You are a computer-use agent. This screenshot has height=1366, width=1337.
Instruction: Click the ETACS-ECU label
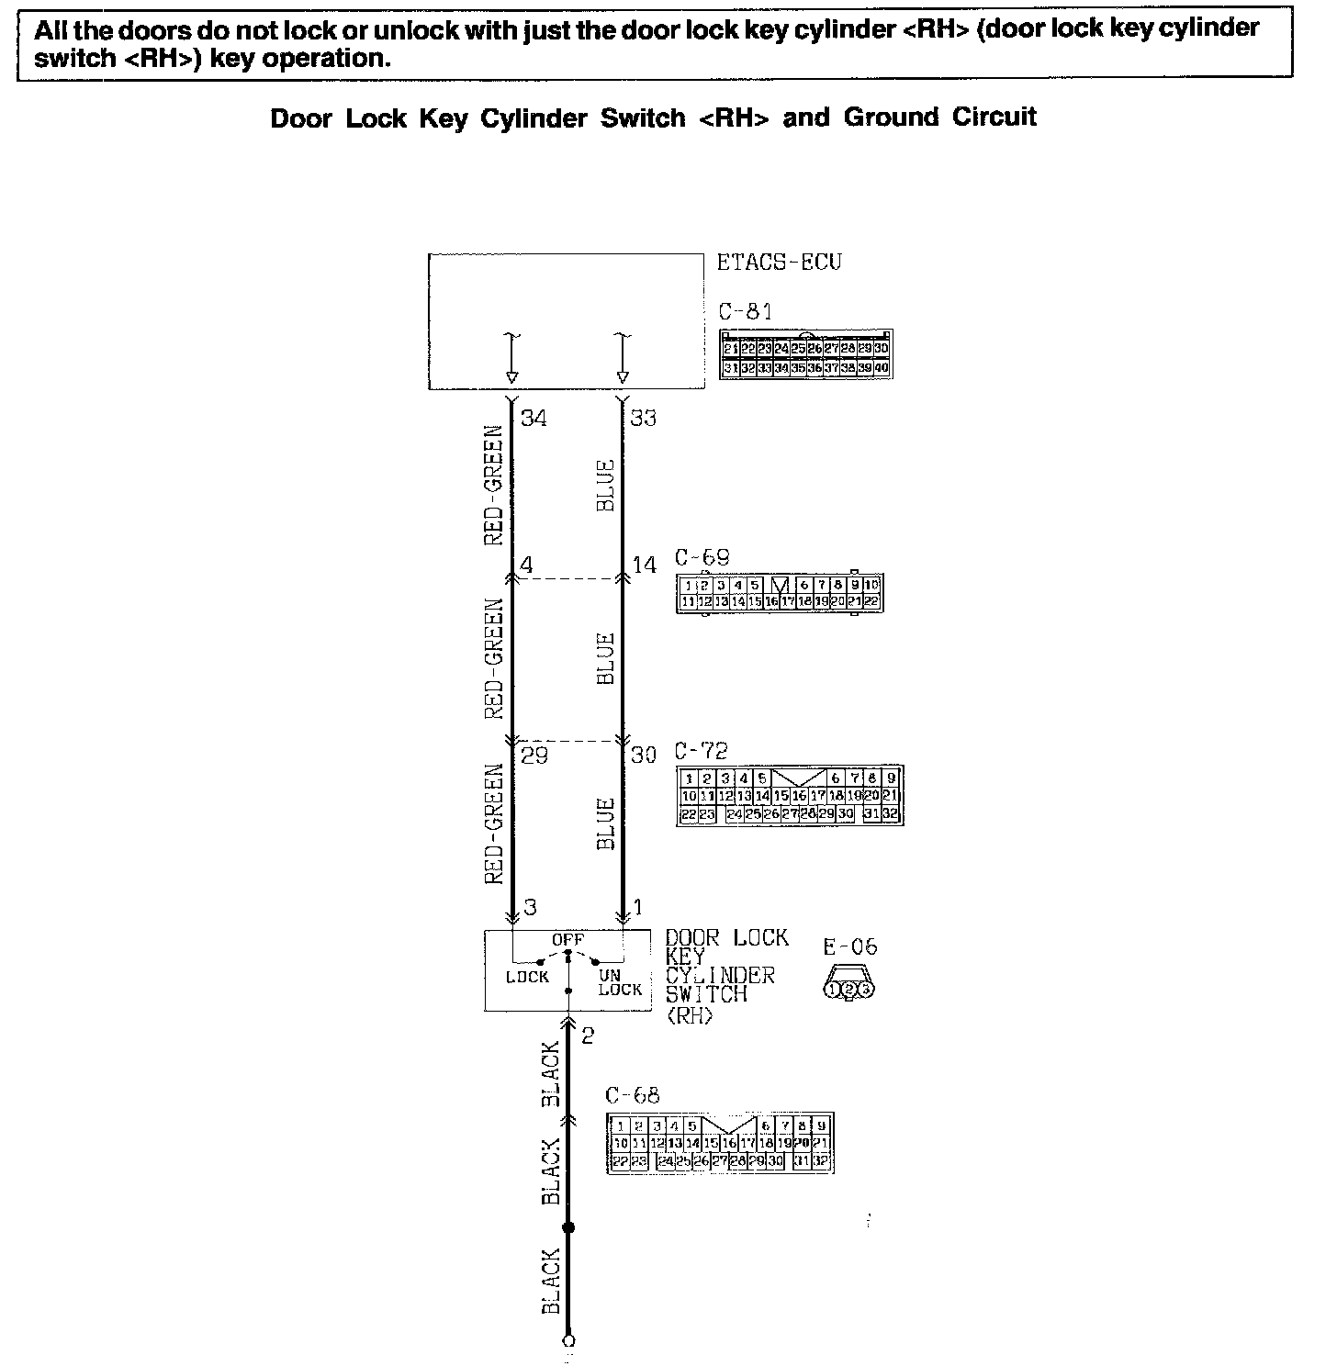(779, 263)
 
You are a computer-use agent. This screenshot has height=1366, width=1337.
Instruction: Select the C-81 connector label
(745, 311)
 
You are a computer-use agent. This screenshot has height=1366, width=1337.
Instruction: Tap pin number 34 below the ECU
(534, 419)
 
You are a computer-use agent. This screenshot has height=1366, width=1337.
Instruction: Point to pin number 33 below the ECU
(644, 419)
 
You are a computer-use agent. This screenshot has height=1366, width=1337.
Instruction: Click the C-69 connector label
(702, 557)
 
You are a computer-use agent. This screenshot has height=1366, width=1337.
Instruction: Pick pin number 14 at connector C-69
(645, 565)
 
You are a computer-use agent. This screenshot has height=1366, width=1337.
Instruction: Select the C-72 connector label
(702, 750)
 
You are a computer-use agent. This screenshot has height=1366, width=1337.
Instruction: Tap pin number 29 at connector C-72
(534, 756)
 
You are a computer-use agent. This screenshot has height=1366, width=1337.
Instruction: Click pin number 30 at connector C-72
(644, 756)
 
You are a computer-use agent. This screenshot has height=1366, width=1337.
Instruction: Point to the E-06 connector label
(850, 946)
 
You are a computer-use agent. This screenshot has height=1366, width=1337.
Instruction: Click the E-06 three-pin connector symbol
(848, 985)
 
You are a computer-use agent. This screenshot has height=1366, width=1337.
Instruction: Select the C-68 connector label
(632, 1095)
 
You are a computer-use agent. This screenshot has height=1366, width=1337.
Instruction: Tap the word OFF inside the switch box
(567, 940)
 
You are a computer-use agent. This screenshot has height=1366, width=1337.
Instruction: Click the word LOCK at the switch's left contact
(527, 978)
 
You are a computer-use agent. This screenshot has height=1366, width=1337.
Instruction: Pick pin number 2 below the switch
(588, 1036)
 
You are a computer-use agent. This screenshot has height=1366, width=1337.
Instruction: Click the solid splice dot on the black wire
(567, 1227)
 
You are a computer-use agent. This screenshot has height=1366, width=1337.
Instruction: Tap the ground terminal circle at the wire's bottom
(568, 1341)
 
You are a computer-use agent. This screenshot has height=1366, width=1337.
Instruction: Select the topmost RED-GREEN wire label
(494, 485)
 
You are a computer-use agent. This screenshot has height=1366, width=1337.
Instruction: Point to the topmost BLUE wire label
(605, 486)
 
